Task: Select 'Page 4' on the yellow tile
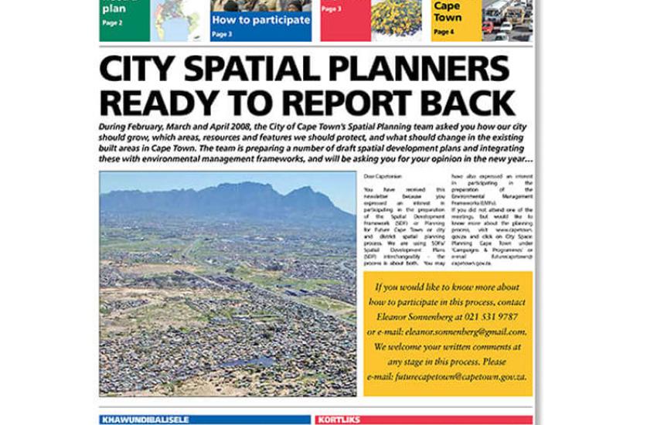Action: [x=444, y=32]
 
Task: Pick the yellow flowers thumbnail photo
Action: [x=396, y=19]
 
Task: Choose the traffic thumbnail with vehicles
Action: [x=507, y=20]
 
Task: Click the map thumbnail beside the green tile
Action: [x=179, y=20]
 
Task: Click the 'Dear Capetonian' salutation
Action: [x=380, y=178]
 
